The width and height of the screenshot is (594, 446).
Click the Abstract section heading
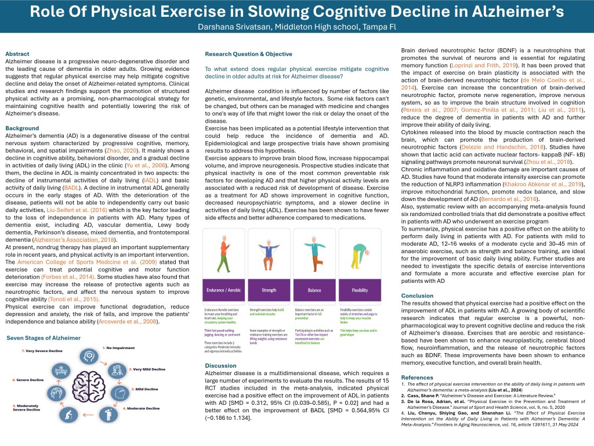pyautogui.click(x=18, y=54)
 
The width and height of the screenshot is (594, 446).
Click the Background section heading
pyautogui.click(x=23, y=128)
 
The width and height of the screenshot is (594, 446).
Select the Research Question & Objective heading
pyautogui.click(x=248, y=54)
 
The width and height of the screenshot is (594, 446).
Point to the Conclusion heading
pyautogui.click(x=418, y=296)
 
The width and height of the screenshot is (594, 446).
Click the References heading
pyautogui.click(x=417, y=377)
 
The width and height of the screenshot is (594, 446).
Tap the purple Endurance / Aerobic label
pyautogui.click(x=224, y=290)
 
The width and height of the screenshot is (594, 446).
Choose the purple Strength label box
pyautogui.click(x=269, y=290)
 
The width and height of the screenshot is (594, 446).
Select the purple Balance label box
pyautogui.click(x=314, y=290)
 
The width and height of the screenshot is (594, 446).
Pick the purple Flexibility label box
pyautogui.click(x=360, y=290)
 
